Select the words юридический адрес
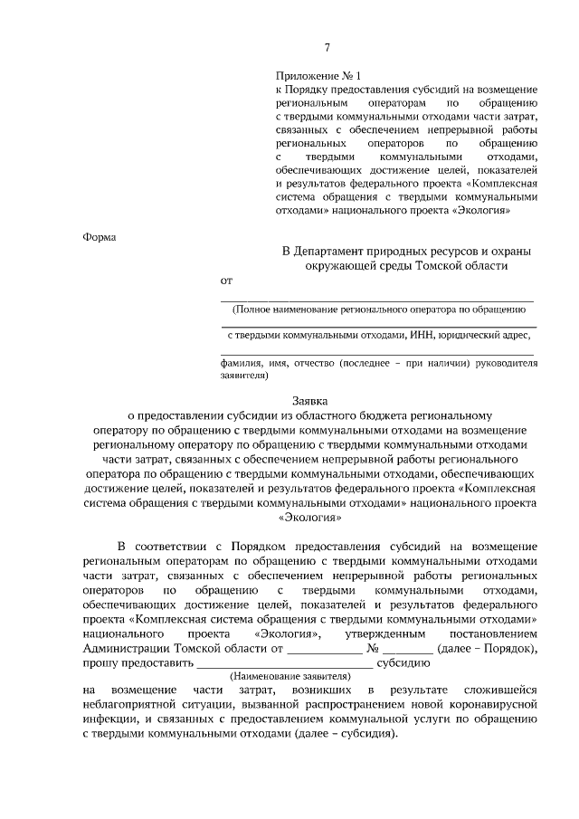484,334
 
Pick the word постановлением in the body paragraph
494,635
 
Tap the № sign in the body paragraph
372,649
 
